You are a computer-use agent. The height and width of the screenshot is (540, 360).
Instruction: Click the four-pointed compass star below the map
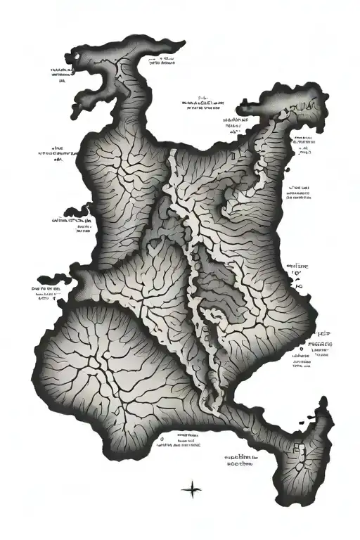coord(191,490)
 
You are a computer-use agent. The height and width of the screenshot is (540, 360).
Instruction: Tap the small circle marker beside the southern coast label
coord(163,437)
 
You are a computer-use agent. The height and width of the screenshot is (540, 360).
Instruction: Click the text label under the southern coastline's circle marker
coord(180,445)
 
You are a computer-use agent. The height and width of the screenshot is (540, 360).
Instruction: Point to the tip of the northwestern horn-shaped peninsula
coord(75,55)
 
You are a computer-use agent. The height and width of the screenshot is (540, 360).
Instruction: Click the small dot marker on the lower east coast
coord(301,348)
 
